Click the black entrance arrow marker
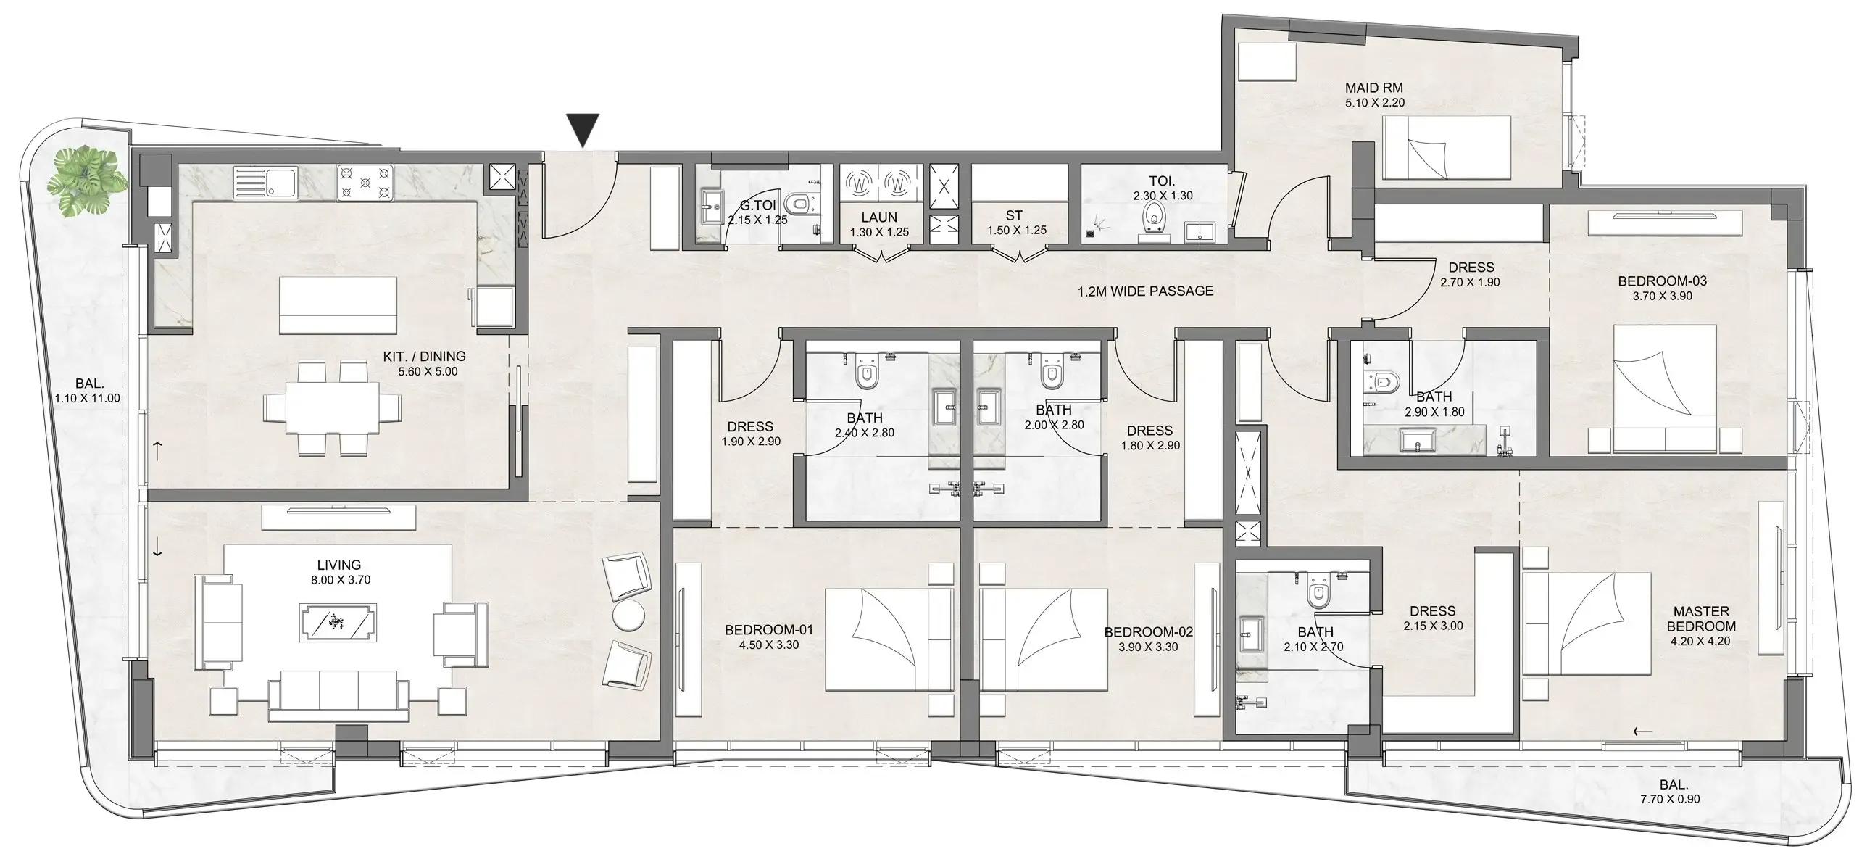point(583,130)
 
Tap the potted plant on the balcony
point(83,182)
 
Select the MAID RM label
point(1374,88)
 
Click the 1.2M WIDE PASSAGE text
point(1146,291)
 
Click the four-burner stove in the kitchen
point(365,183)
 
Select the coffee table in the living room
point(338,623)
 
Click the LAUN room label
point(879,217)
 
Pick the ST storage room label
point(1014,215)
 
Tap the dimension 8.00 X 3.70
point(341,580)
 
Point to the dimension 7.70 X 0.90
point(1670,799)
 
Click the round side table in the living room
point(629,616)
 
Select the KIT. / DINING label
point(424,357)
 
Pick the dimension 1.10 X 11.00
point(88,398)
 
